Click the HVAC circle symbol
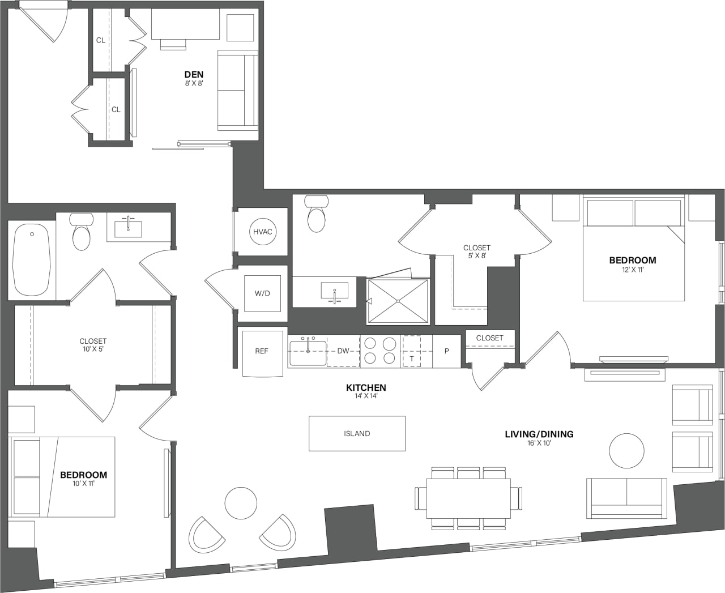coord(263,232)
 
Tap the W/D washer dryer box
coord(262,293)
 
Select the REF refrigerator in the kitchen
coord(262,352)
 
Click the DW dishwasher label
coord(343,351)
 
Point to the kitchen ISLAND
coord(357,433)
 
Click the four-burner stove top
coord(380,351)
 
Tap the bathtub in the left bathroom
coord(31,259)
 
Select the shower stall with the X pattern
coord(398,301)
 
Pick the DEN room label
coord(194,74)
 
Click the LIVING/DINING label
coord(539,434)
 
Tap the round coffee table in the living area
coord(626,451)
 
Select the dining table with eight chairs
coord(468,498)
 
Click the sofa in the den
coord(238,91)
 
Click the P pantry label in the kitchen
coord(447,351)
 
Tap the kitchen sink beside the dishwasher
coord(308,352)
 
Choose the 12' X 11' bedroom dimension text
coord(633,270)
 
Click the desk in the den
coord(185,25)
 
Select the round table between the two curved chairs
coord(241,503)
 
